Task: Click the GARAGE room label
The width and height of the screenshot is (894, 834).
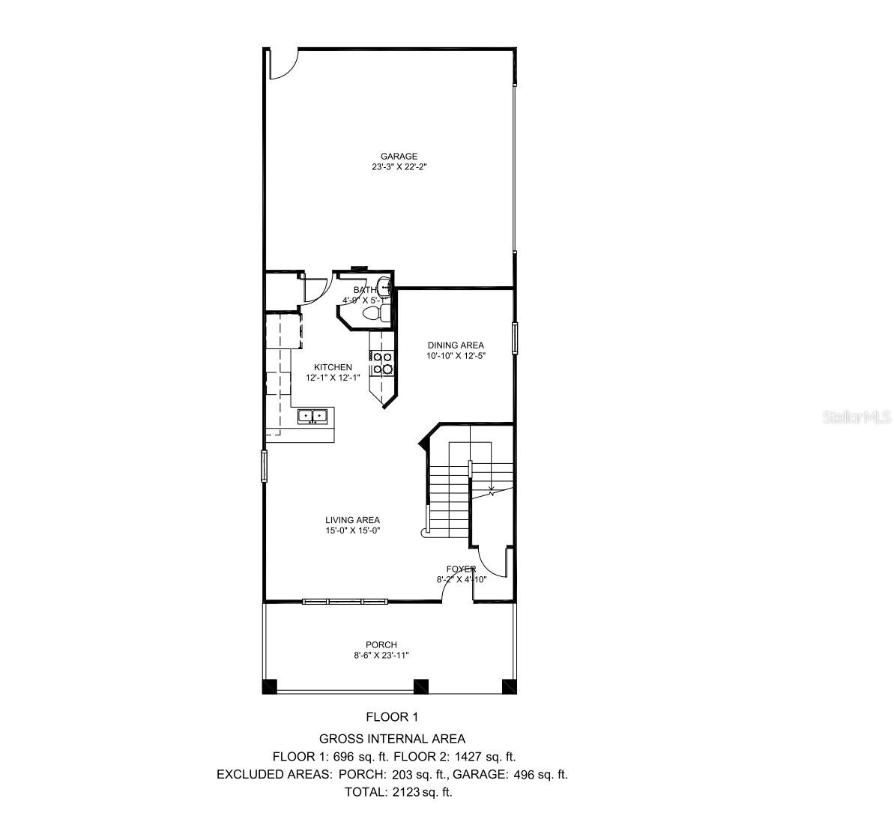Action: click(x=398, y=157)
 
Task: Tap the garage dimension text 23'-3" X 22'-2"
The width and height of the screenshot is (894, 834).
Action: click(x=398, y=168)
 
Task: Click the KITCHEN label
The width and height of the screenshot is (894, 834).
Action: click(x=333, y=367)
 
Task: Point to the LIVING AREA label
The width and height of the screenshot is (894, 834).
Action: click(x=352, y=520)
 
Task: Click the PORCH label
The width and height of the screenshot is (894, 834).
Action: click(x=381, y=645)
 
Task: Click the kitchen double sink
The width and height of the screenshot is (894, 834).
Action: click(x=312, y=415)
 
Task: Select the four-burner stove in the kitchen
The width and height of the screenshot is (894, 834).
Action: click(x=382, y=363)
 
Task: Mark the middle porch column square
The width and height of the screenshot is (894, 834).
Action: click(x=421, y=686)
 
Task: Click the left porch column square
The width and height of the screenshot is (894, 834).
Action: click(x=269, y=686)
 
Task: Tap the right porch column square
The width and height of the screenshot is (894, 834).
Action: click(x=510, y=686)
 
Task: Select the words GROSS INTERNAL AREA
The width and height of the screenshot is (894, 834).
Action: click(x=392, y=739)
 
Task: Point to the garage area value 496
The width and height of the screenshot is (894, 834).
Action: click(x=522, y=774)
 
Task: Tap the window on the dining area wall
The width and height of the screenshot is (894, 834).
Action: click(x=515, y=337)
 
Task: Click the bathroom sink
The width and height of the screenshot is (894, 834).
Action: click(x=384, y=286)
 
